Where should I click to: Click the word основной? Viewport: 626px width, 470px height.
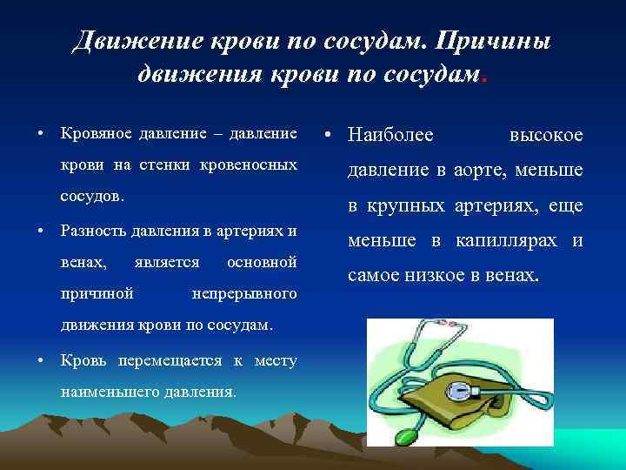261,261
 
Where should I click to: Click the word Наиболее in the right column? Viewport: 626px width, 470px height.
390,135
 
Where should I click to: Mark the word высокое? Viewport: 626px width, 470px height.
545,135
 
